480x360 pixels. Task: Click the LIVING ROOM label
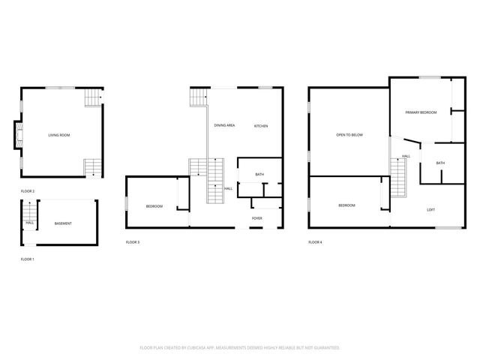point(59,135)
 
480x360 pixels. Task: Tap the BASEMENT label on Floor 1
point(64,223)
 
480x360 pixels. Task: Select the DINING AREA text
point(224,125)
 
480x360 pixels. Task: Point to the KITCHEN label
point(260,125)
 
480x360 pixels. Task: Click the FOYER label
point(256,218)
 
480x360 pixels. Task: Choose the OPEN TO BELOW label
point(349,135)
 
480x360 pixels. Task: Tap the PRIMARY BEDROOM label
point(421,112)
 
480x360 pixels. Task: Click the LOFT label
point(430,209)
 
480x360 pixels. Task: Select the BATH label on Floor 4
point(440,163)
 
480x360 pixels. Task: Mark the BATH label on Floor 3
point(259,175)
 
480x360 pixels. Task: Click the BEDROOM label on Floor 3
point(154,206)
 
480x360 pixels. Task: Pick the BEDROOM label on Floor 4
point(346,205)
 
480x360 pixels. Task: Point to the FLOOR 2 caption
point(28,191)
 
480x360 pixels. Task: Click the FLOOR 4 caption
point(316,242)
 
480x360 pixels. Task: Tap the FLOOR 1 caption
point(28,259)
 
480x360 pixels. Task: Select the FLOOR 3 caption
point(133,242)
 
